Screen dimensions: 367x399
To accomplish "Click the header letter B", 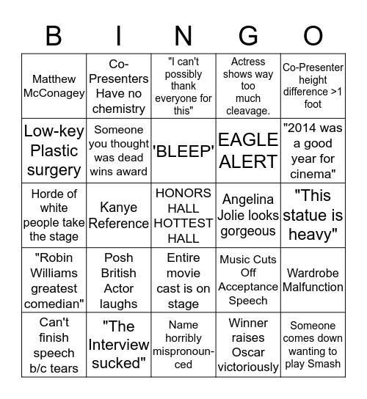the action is coord(54,36).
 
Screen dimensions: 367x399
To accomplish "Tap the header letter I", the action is coord(119,36).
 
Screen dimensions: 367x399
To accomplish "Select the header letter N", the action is coord(183,36).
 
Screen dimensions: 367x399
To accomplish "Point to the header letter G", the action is coord(248,36).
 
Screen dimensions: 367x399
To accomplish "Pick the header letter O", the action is coord(313,36).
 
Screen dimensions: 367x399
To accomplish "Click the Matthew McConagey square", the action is coord(54,86).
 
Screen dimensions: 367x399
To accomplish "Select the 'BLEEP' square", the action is coord(183,150).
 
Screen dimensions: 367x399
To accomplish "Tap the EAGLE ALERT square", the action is coord(248,150).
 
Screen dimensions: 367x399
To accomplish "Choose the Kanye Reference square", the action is coord(119,215).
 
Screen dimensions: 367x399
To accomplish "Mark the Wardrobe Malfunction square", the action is coord(313,279).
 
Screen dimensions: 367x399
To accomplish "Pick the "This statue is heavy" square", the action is coord(313,215).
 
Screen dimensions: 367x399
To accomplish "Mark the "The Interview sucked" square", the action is coord(119,344).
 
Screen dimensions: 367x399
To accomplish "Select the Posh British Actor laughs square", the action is coord(119,279).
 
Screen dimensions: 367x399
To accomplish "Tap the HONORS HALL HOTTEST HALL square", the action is coord(183,215).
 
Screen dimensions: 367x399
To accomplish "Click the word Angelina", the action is coord(248,199).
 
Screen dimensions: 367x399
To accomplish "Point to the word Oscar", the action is coord(248,352).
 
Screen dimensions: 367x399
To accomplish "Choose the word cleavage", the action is coord(248,111).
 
